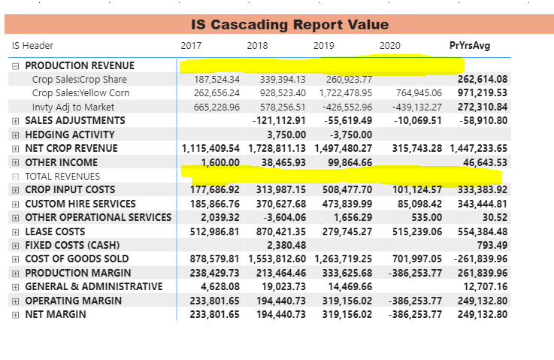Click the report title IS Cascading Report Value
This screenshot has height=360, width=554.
[289, 25]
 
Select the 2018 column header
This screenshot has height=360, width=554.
[257, 46]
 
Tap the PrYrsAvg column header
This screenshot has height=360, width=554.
[470, 46]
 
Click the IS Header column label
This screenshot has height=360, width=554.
[32, 46]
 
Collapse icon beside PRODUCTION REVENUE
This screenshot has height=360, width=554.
[15, 66]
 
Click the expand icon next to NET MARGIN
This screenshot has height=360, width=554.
[15, 315]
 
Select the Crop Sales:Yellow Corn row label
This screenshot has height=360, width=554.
[80, 93]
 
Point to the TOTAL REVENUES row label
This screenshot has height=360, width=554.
[62, 176]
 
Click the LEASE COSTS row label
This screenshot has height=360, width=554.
[55, 231]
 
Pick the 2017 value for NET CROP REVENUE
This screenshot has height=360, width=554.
[210, 148]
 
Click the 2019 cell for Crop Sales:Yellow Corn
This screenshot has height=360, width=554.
[346, 93]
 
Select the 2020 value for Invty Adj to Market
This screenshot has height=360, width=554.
[417, 107]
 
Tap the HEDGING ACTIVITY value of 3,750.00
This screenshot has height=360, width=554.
[286, 135]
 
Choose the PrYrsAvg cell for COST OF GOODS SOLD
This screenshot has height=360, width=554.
[480, 259]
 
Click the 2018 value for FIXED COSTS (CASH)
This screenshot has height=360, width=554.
[286, 245]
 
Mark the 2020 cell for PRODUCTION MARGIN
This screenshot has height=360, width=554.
[415, 273]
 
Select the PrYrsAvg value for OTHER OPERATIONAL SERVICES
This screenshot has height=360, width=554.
[495, 218]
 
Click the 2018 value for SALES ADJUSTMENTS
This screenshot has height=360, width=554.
[279, 121]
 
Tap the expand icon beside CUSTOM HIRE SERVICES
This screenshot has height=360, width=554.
[15, 204]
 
